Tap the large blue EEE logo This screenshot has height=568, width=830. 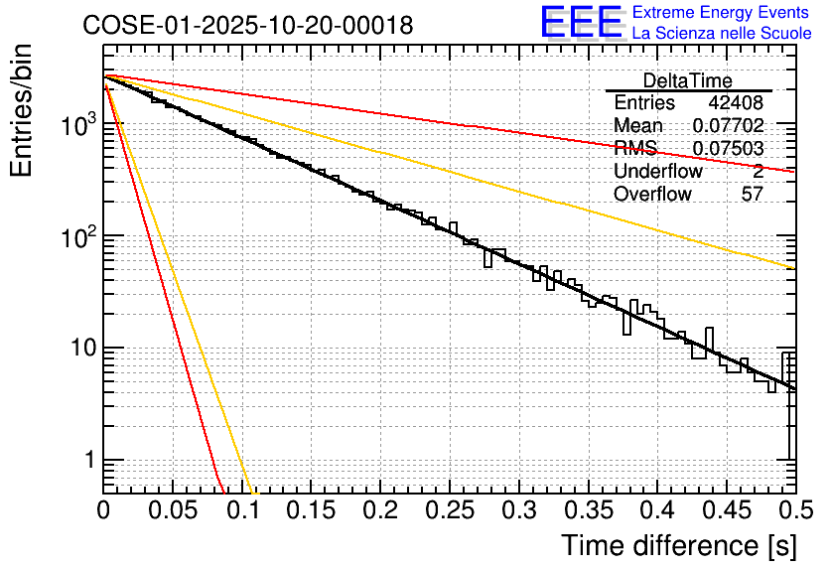581,24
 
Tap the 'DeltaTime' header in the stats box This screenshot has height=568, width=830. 687,80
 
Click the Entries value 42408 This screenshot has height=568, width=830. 736,103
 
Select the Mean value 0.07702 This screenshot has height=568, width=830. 728,126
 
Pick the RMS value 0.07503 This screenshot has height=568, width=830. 728,149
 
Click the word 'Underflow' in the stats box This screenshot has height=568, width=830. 658,172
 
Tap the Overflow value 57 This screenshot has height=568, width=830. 753,195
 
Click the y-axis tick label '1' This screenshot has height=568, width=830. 89,461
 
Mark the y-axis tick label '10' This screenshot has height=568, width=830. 81,350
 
